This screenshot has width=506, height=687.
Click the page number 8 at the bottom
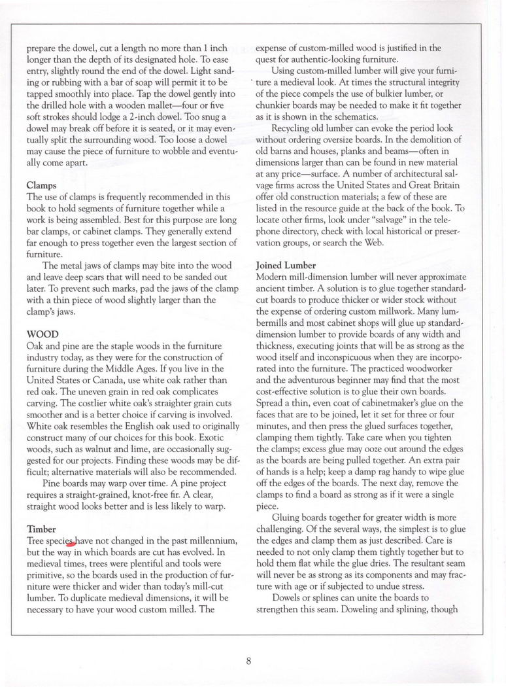249,660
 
